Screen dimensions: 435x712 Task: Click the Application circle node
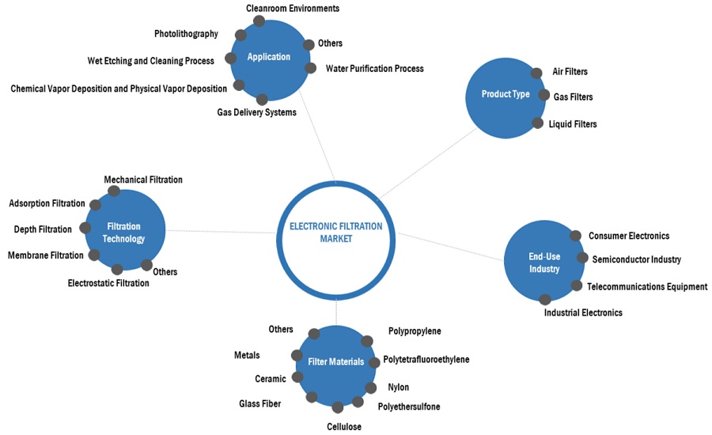pyautogui.click(x=269, y=57)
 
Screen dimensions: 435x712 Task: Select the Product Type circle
pyautogui.click(x=506, y=95)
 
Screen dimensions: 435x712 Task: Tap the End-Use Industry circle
pyautogui.click(x=543, y=263)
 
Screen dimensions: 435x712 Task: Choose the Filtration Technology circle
pyautogui.click(x=126, y=233)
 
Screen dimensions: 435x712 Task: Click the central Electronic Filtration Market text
pyautogui.click(x=335, y=232)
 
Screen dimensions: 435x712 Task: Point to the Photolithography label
pyautogui.click(x=185, y=34)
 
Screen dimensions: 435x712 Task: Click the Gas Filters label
pyautogui.click(x=572, y=97)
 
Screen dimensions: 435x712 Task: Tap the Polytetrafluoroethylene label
pyautogui.click(x=426, y=360)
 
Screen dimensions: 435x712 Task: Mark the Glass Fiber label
pyautogui.click(x=259, y=404)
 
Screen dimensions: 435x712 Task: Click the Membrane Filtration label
pyautogui.click(x=45, y=255)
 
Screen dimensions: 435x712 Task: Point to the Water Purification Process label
pyautogui.click(x=374, y=69)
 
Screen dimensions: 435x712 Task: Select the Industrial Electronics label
pyautogui.click(x=583, y=312)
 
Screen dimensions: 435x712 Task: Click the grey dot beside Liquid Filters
pyautogui.click(x=538, y=123)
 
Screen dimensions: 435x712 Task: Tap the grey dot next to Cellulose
pyautogui.click(x=338, y=408)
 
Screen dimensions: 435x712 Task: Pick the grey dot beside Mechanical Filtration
pyautogui.click(x=113, y=191)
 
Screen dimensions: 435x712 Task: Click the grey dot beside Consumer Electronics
pyautogui.click(x=575, y=236)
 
